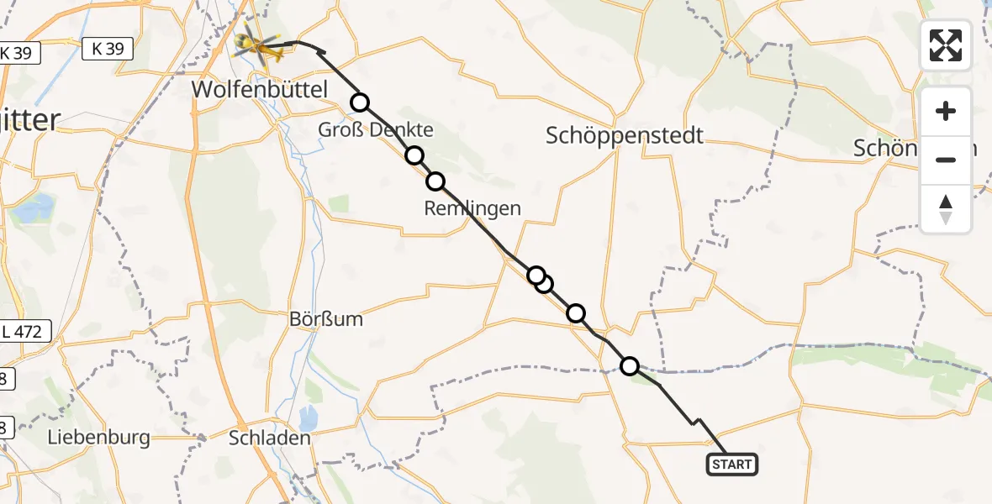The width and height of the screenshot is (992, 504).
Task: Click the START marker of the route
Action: tap(732, 465)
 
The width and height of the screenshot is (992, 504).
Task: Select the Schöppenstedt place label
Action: tap(625, 135)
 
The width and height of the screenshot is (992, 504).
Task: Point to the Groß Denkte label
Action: tap(376, 130)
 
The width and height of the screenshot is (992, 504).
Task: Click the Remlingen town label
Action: tap(472, 208)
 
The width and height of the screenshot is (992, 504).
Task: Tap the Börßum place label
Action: tap(325, 320)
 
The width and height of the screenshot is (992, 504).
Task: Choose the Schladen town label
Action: tap(270, 438)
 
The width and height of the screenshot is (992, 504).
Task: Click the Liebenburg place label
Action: tap(98, 437)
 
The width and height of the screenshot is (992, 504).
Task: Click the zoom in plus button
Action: tap(946, 111)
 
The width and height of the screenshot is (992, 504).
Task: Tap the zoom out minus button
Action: tap(946, 160)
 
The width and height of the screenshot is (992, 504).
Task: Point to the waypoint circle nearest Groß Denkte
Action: tap(360, 102)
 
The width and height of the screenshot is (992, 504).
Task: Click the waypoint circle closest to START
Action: tap(630, 365)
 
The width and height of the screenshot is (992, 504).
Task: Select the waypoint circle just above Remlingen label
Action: tap(435, 181)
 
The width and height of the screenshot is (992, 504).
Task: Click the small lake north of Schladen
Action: tap(308, 417)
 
